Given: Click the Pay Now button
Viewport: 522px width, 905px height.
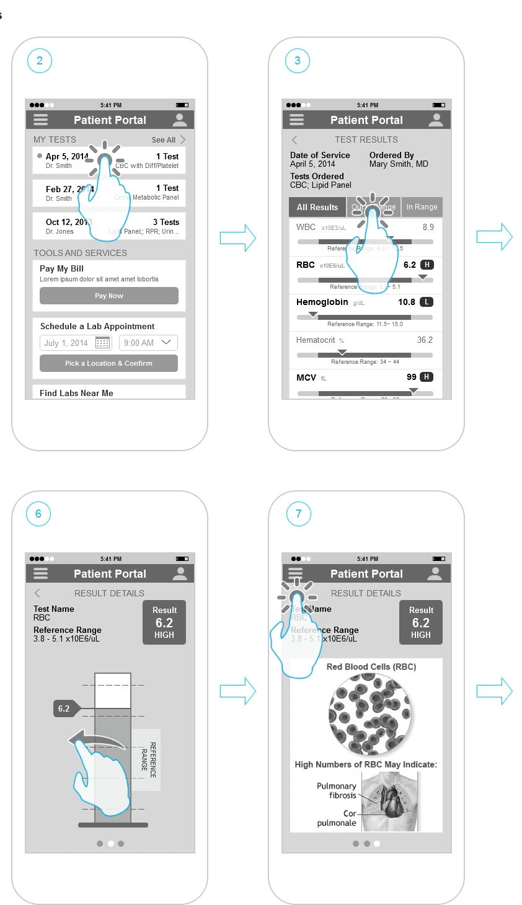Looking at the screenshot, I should pyautogui.click(x=109, y=296).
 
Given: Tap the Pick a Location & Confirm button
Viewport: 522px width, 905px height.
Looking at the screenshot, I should pyautogui.click(x=108, y=363).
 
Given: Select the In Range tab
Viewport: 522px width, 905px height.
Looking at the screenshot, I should pyautogui.click(x=422, y=207).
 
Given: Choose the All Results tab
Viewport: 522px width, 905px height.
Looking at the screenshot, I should pyautogui.click(x=317, y=207).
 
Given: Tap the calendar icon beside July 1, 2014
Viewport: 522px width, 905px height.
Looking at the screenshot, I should pyautogui.click(x=103, y=343).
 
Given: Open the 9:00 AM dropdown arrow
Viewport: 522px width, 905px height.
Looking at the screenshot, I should pyautogui.click(x=166, y=342).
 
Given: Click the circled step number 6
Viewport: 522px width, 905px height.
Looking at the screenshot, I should pyautogui.click(x=38, y=514).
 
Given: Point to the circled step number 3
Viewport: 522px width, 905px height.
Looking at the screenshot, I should pyautogui.click(x=298, y=61).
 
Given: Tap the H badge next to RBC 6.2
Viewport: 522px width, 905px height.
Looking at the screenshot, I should pyautogui.click(x=427, y=265).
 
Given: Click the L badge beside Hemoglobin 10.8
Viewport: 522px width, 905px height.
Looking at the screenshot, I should pyautogui.click(x=427, y=302).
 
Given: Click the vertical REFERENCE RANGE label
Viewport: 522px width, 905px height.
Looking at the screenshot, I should pyautogui.click(x=149, y=760).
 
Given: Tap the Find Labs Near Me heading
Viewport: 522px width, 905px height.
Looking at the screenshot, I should pyautogui.click(x=76, y=393).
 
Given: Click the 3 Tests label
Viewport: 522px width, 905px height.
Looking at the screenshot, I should pyautogui.click(x=166, y=222).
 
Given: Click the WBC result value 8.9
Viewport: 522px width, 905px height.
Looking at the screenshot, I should pyautogui.click(x=428, y=227).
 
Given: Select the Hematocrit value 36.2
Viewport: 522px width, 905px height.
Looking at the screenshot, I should pyautogui.click(x=425, y=340).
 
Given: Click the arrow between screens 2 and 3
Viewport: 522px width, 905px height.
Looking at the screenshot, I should pyautogui.click(x=238, y=238).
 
